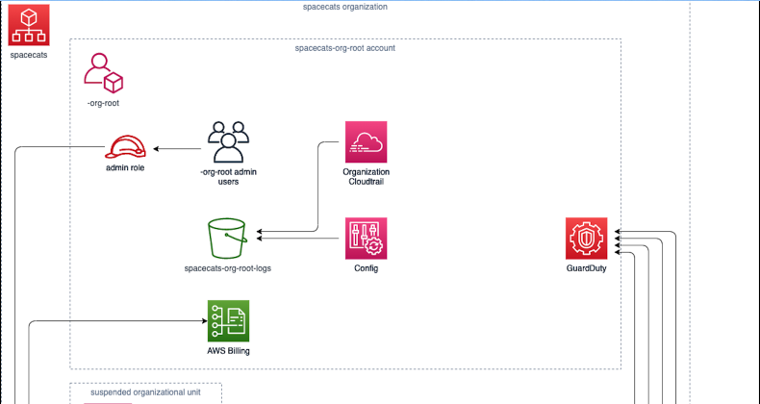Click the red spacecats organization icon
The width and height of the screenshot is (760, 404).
point(29,25)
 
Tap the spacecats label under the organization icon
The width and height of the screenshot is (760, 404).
point(29,55)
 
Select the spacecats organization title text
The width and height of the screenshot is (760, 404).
point(344,7)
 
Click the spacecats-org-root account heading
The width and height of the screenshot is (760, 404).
point(344,47)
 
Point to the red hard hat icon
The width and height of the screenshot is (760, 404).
point(126,148)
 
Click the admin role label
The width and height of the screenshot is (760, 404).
point(125,167)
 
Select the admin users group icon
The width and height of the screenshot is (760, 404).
point(229,142)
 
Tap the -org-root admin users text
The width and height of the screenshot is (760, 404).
point(228,176)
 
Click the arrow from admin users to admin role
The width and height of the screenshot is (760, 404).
point(178,149)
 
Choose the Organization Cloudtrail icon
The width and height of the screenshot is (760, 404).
point(366,142)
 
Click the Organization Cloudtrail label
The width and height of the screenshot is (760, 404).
point(366,176)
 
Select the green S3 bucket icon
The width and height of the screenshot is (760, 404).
point(227,239)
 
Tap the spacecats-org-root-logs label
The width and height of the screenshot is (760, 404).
point(227,268)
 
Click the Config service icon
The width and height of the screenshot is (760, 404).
point(366,239)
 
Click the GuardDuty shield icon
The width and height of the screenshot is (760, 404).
point(586,239)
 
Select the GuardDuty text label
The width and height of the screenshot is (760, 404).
point(586,268)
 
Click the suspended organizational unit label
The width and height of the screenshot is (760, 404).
point(145,392)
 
